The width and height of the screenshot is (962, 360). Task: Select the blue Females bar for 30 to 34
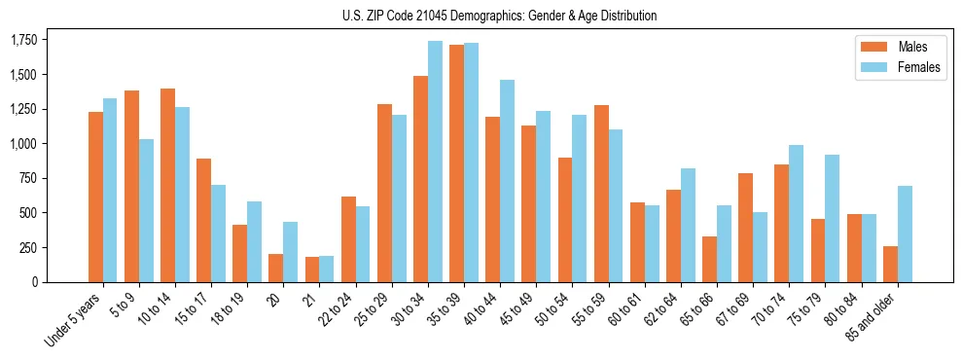click(435, 162)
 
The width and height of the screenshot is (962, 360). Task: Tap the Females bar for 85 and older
click(905, 234)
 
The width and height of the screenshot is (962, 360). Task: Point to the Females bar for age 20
click(291, 252)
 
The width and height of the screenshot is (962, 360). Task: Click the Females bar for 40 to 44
click(507, 181)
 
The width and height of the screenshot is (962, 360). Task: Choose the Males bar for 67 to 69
click(745, 228)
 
